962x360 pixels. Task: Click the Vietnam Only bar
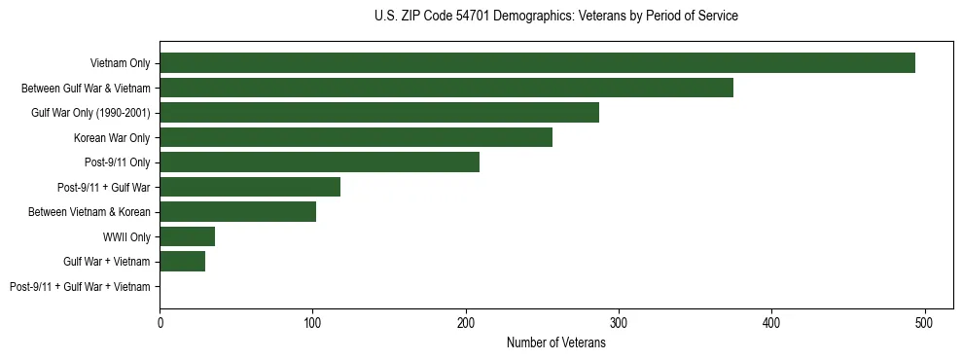(537, 63)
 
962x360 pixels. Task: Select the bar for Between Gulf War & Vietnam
(446, 88)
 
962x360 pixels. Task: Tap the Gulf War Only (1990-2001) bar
(379, 113)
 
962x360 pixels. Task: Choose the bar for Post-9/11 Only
(319, 162)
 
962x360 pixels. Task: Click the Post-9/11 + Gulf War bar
(250, 187)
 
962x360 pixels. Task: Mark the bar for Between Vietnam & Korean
(237, 212)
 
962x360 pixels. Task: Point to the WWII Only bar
(187, 236)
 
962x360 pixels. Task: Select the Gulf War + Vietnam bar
(182, 262)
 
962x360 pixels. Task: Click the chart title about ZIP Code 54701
(555, 17)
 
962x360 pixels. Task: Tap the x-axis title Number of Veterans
(555, 343)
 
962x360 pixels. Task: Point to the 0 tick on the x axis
(160, 322)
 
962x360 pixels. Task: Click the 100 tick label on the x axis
(312, 322)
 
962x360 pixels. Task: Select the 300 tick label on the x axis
(619, 322)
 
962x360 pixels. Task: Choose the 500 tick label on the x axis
(925, 322)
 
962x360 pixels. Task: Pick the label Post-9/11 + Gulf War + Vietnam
(80, 287)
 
